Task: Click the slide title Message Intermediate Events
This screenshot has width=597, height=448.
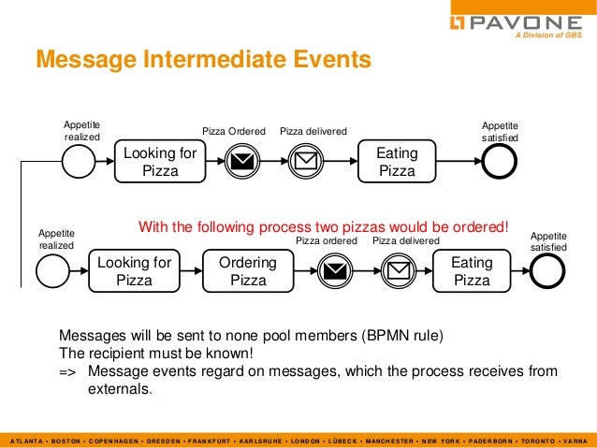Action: [x=203, y=61]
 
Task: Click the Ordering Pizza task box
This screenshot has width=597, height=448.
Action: [x=248, y=271]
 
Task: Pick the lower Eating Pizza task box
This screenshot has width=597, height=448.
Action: [x=472, y=271]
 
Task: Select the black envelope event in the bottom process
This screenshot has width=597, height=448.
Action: [x=332, y=271]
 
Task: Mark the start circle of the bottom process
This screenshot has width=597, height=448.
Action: [x=54, y=271]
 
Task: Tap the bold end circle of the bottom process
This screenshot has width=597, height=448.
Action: [x=548, y=271]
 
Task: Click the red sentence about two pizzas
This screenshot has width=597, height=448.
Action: [x=324, y=226]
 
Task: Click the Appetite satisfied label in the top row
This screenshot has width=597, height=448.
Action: [x=499, y=131]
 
